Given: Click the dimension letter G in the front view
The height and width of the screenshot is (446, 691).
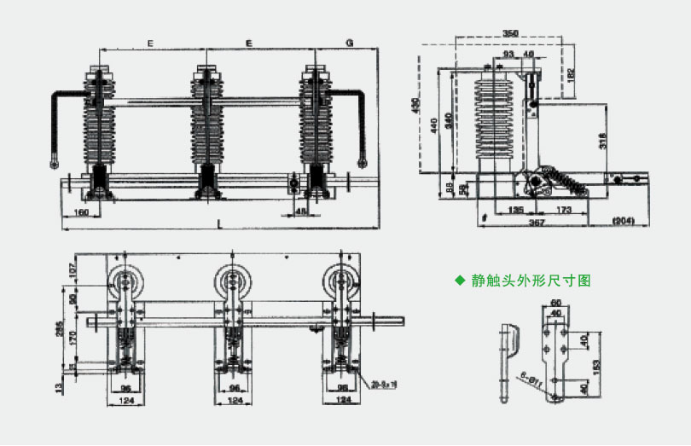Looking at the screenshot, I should tap(350, 42).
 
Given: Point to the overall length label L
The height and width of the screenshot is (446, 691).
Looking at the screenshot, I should tap(220, 223).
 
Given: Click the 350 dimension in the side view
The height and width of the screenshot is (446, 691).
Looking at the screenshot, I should tap(509, 32).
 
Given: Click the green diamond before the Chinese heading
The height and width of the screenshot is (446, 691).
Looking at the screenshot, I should tap(460, 279).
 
